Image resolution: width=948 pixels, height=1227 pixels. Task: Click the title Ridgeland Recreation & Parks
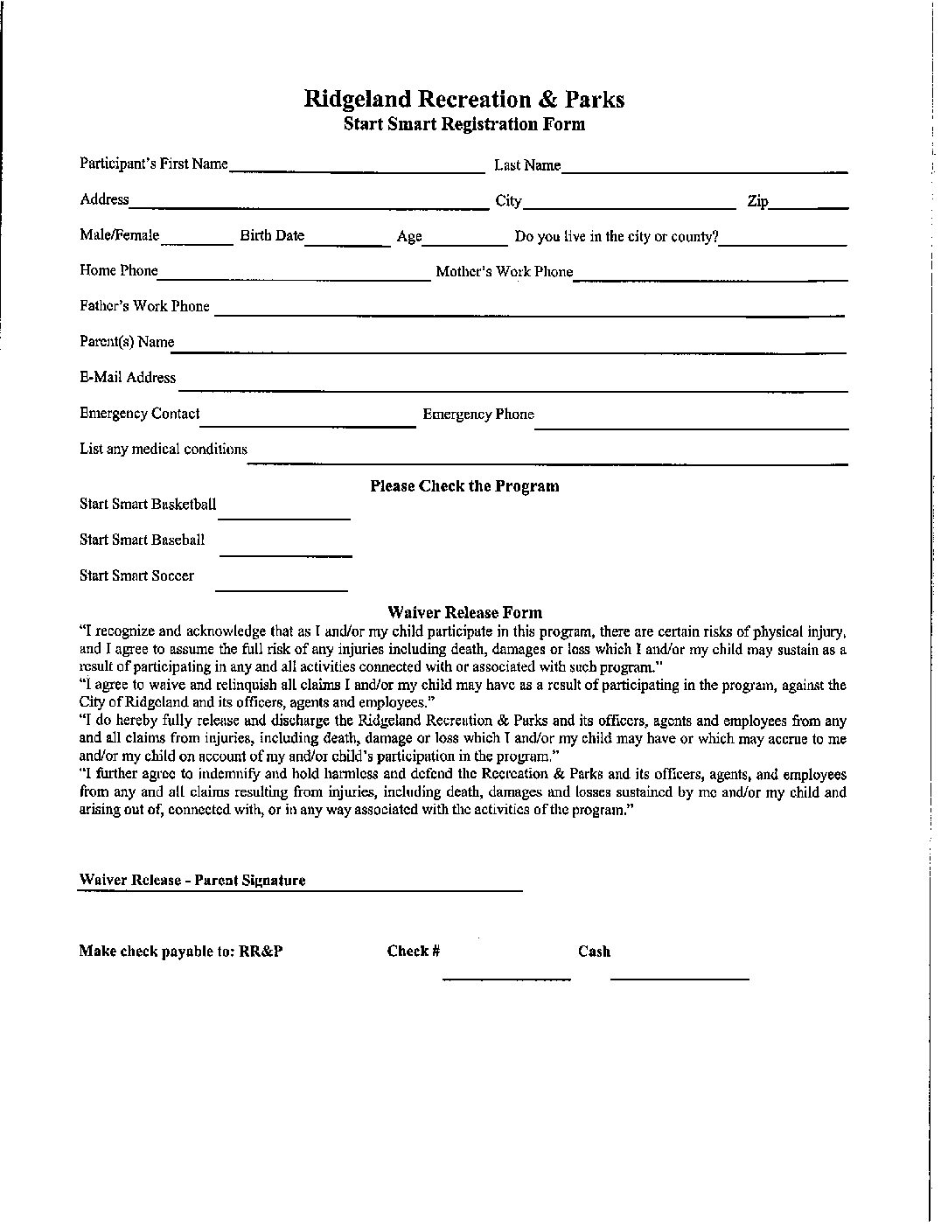click(464, 99)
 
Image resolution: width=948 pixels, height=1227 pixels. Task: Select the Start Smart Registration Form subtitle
click(464, 124)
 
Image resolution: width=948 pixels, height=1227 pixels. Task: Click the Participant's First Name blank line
click(357, 167)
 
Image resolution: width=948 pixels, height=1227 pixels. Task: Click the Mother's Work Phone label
click(505, 272)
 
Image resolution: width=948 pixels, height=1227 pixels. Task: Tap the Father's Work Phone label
click(145, 306)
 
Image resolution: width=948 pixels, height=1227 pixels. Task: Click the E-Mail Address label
click(128, 378)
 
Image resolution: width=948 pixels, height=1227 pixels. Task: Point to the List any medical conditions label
click(164, 450)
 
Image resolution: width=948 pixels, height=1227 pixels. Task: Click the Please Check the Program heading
click(464, 486)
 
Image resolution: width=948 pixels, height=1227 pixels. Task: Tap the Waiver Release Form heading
click(464, 613)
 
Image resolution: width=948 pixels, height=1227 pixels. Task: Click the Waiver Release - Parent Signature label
click(192, 881)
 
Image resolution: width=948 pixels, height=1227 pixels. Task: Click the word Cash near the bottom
click(594, 952)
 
